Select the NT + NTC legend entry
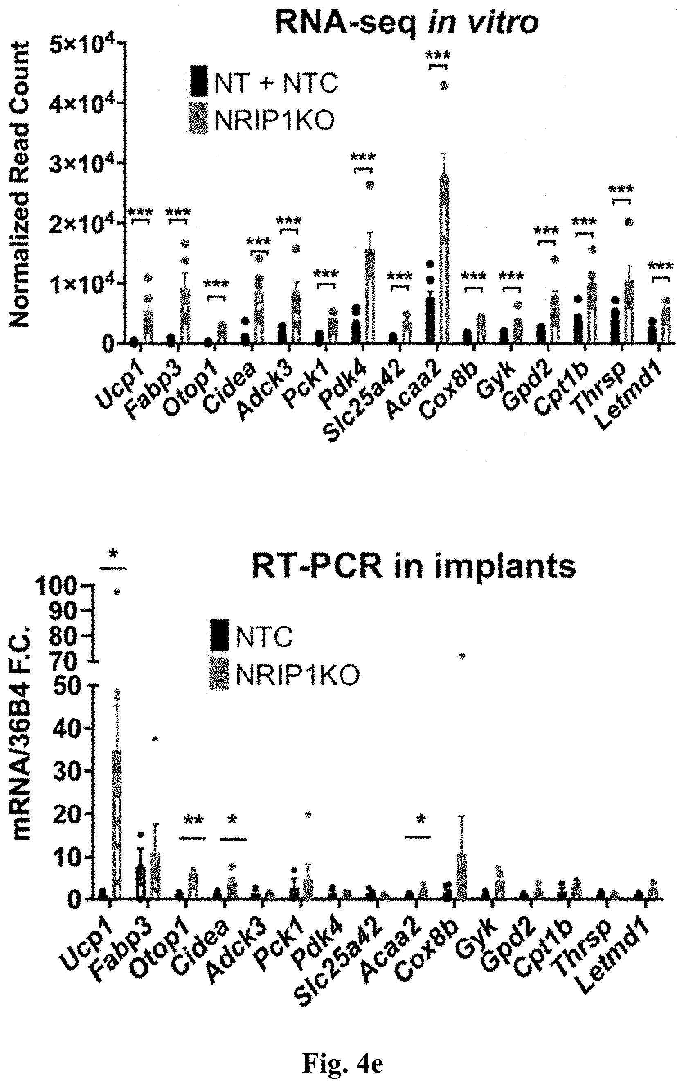coord(264,83)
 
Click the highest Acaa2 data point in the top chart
coord(444,86)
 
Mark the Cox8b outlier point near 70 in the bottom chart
coord(461,655)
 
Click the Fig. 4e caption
coord(343,1061)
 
